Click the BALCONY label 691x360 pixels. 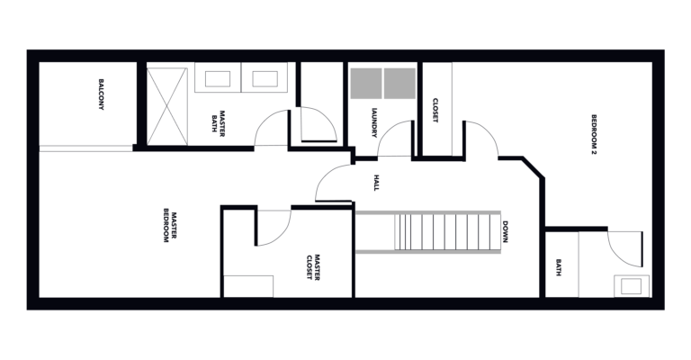[101, 94]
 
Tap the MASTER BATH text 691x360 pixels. [218, 124]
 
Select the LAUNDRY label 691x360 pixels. [374, 123]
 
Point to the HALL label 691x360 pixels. [376, 183]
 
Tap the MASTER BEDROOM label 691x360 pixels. [170, 225]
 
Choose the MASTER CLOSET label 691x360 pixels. [313, 266]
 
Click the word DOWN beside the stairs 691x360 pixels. [505, 232]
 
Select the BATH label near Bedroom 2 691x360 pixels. [559, 267]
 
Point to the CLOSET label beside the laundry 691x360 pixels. [435, 110]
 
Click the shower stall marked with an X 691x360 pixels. [167, 106]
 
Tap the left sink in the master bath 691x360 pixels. [218, 79]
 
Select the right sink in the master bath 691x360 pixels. [265, 79]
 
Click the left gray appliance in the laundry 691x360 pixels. [366, 84]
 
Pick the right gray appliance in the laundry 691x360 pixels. [399, 84]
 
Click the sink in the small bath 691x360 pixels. [631, 286]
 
